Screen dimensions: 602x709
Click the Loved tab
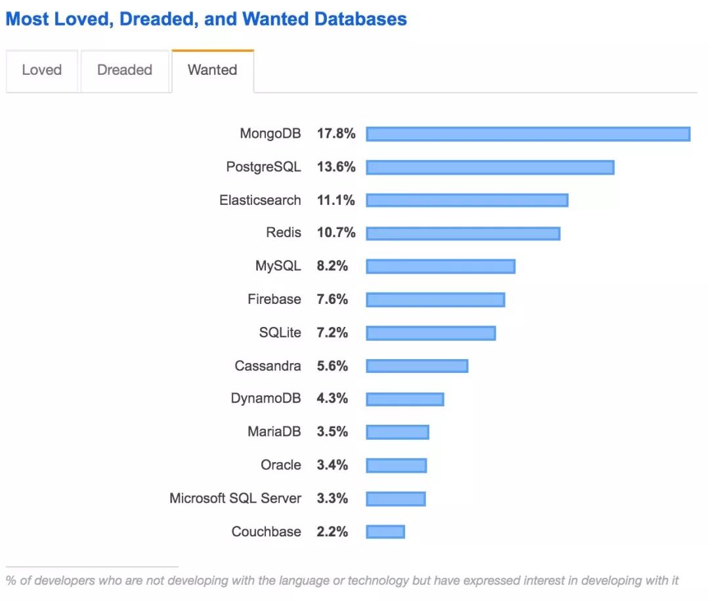click(42, 70)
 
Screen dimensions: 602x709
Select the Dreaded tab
click(125, 70)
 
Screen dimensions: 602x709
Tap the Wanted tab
click(213, 70)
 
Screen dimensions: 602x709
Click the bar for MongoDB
click(528, 134)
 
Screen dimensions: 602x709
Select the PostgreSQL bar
click(490, 167)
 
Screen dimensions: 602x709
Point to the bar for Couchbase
click(385, 532)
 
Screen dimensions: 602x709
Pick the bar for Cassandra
click(417, 366)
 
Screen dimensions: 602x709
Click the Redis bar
click(463, 233)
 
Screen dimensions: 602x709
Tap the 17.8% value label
click(336, 134)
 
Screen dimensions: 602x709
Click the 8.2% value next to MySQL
click(332, 266)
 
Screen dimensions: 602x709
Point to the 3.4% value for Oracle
click(332, 465)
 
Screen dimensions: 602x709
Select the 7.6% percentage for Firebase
click(332, 299)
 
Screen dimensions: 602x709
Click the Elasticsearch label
click(260, 200)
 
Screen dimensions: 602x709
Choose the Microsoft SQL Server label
click(235, 498)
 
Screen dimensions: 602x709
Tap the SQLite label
click(280, 333)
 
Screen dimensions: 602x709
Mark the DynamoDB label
click(266, 398)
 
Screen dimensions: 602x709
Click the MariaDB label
click(274, 432)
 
